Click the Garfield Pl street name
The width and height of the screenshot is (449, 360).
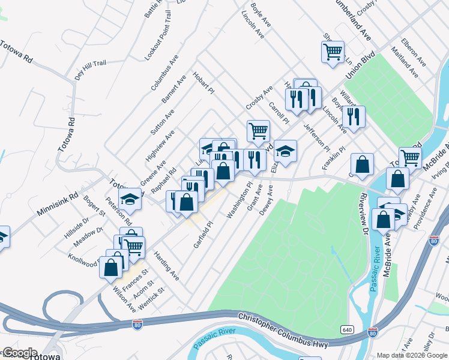pyautogui.click(x=203, y=234)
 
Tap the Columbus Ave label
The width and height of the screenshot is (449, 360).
pyautogui.click(x=165, y=73)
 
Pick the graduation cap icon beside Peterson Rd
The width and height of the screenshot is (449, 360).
pyautogui.click(x=130, y=200)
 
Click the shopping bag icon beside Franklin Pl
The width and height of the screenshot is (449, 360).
pyautogui.click(x=363, y=164)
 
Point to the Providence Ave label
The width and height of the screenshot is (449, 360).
pyautogui.click(x=429, y=205)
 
